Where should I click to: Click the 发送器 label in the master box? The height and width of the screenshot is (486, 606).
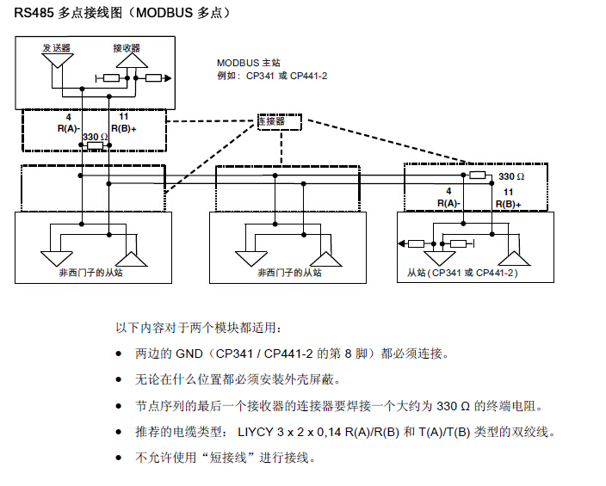[x=56, y=47]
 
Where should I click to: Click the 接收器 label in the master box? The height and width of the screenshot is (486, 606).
[x=127, y=47]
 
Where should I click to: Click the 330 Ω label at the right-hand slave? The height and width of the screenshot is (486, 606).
[x=511, y=175]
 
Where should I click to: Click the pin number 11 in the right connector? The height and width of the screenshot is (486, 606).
[x=508, y=192]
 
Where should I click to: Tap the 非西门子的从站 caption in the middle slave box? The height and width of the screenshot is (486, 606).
[x=289, y=272]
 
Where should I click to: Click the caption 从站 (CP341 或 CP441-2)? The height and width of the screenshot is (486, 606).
[x=463, y=273]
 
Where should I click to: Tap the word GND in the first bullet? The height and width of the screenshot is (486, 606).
[x=190, y=354]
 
